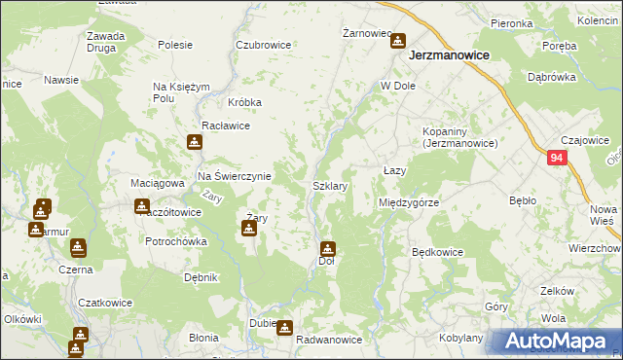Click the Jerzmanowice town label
coord(448,56)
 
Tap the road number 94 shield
coord(557,158)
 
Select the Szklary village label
coord(331,185)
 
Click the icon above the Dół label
coord(328,248)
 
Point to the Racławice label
coord(226,126)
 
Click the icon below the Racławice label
coord(195,142)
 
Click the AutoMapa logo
coord(555,341)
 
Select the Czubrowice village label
coord(263,45)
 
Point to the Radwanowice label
coord(329,340)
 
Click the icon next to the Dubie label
coord(284,328)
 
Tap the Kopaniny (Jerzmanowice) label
coord(459,137)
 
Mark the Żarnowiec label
coord(366,33)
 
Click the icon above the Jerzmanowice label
coord(398,41)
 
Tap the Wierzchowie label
coord(595,247)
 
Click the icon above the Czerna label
coord(76,248)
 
